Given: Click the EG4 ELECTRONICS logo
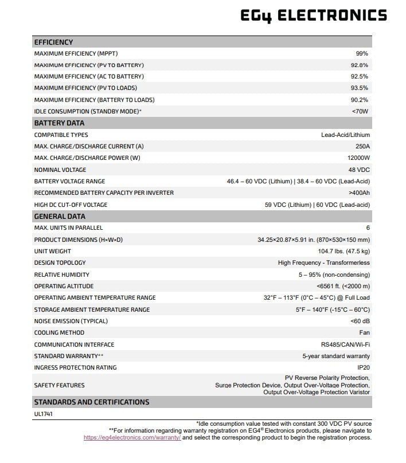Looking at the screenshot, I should (313, 15).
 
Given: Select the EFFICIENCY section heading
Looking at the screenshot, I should (53, 42).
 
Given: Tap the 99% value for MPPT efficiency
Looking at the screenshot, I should (362, 53).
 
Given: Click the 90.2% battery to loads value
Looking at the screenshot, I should (360, 100).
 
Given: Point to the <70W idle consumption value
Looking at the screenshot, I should (360, 111).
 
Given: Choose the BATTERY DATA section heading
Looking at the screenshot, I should (59, 123).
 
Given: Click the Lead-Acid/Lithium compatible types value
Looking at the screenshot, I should (345, 135).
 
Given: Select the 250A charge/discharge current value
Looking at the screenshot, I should (362, 146).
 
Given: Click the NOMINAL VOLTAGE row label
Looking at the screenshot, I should (60, 170).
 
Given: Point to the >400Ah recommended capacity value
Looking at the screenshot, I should (359, 193).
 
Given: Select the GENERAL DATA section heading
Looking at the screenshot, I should (60, 217).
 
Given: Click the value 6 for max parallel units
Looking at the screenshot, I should (368, 228).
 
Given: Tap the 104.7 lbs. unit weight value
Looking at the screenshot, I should (343, 252).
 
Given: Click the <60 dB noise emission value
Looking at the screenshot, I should (360, 321).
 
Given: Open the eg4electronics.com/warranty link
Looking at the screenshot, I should (132, 437).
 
